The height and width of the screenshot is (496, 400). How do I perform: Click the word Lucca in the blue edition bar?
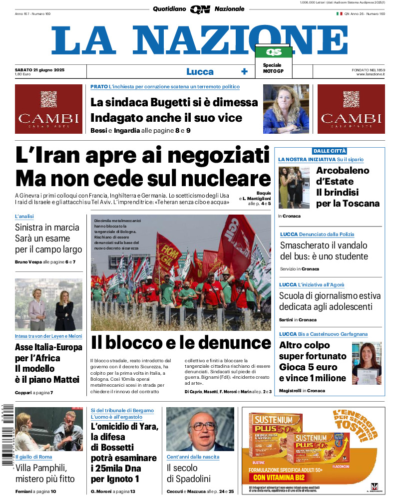pyautogui.click(x=200, y=71)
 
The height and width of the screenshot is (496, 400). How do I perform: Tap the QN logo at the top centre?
pyautogui.click(x=200, y=9)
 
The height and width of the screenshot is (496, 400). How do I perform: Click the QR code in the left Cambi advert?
pyautogui.click(x=48, y=99)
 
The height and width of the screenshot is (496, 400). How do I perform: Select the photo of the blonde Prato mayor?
pyautogui.click(x=286, y=109)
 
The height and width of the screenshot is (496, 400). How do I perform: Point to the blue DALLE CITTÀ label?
pyautogui.click(x=330, y=151)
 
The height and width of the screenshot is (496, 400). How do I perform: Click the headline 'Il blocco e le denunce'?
pyautogui.click(x=181, y=343)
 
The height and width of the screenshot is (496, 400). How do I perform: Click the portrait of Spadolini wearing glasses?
pyautogui.click(x=200, y=429)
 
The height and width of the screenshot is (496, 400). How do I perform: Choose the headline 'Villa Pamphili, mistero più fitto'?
pyautogui.click(x=45, y=473)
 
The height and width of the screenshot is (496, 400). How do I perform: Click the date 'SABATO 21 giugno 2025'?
pyautogui.click(x=40, y=69)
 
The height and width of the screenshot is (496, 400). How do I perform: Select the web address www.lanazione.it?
pyautogui.click(x=371, y=74)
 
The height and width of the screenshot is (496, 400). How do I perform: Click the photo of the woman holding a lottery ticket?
pyautogui.click(x=366, y=363)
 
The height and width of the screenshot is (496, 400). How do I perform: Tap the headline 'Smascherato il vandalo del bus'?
pyautogui.click(x=324, y=251)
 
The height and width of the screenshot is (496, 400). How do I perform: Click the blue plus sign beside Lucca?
pyautogui.click(x=244, y=71)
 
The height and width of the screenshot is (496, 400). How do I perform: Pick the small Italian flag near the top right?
pyautogui.click(x=339, y=13)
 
